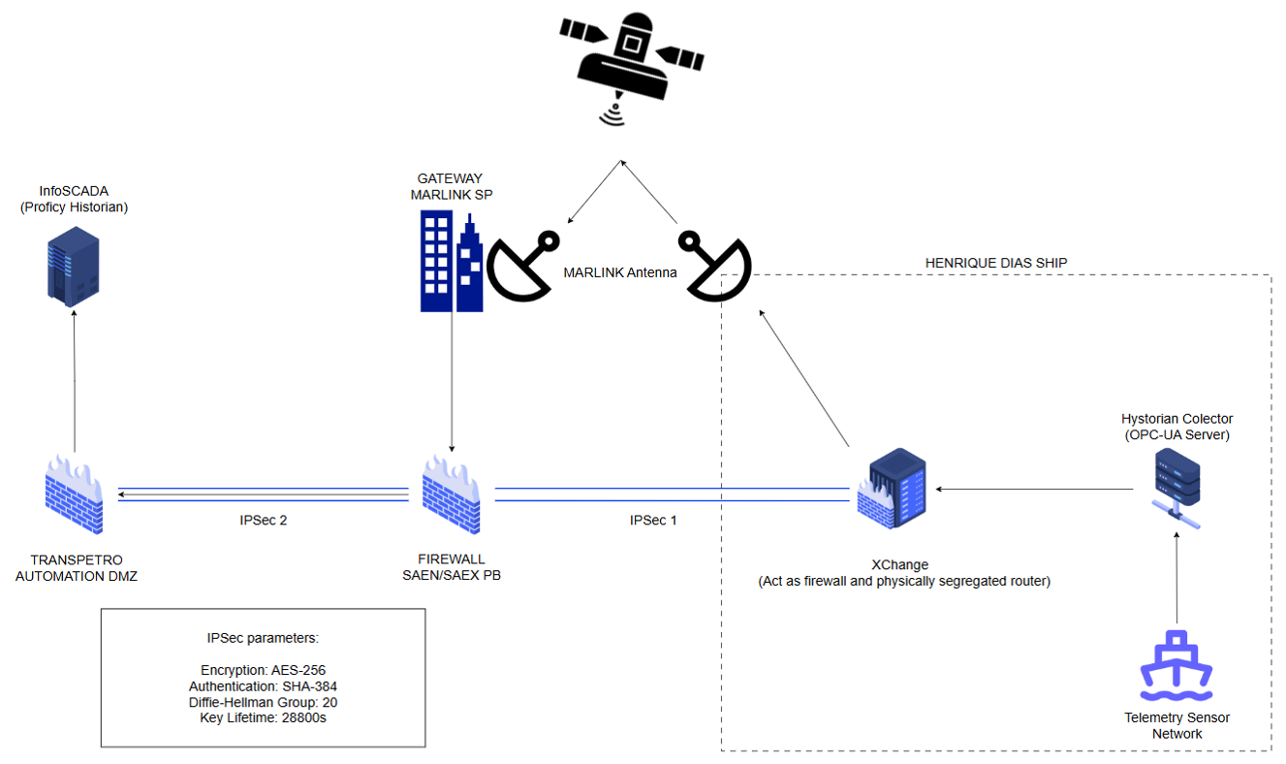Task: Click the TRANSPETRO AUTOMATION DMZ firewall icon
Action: [x=75, y=495]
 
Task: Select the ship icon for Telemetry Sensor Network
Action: [x=1176, y=667]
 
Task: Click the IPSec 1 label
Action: [x=653, y=521]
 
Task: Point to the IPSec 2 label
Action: [x=264, y=521]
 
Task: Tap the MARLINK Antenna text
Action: [x=620, y=273]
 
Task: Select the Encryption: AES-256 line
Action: [x=264, y=670]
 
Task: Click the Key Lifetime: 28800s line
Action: [x=264, y=718]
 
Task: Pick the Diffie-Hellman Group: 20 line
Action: [x=264, y=702]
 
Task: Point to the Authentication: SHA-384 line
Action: [x=264, y=686]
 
